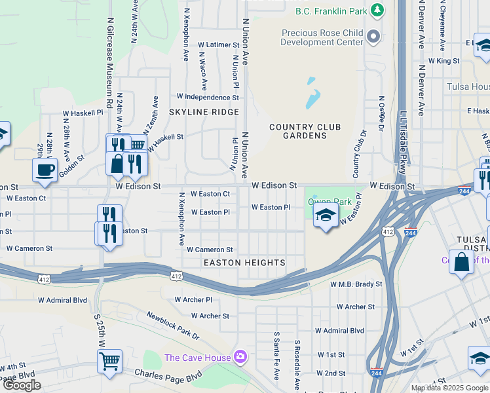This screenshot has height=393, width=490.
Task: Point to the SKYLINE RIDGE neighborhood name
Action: coord(204,112)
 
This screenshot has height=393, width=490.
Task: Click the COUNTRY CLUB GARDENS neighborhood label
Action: coord(298,131)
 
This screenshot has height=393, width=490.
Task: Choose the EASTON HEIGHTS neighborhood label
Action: coord(244,263)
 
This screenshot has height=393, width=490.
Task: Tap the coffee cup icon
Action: coord(45,170)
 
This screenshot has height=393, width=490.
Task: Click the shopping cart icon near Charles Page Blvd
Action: coord(109,361)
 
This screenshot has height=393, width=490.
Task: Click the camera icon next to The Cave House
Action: coord(240,357)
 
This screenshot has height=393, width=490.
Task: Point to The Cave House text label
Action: coord(197,358)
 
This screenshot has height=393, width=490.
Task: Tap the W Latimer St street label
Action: coord(219,45)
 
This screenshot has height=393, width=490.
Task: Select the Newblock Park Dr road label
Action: coord(172,326)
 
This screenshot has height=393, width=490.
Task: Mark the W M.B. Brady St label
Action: coord(356,285)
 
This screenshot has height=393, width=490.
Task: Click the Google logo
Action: coord(22,385)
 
